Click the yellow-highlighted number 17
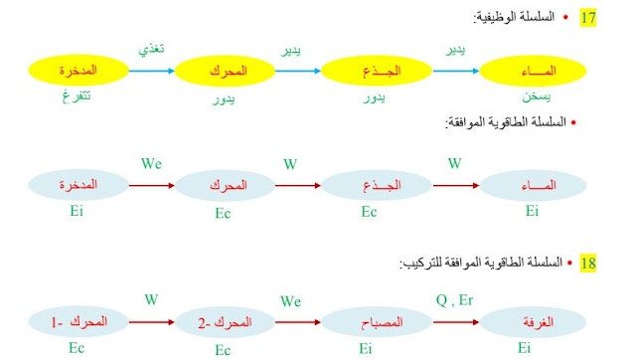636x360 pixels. point(589,19)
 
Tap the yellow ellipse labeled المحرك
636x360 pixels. point(228,70)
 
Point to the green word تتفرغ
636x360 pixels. point(77,97)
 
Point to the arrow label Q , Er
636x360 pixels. point(454,298)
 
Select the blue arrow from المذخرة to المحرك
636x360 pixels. point(152,70)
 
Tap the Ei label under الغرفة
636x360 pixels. point(523,348)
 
